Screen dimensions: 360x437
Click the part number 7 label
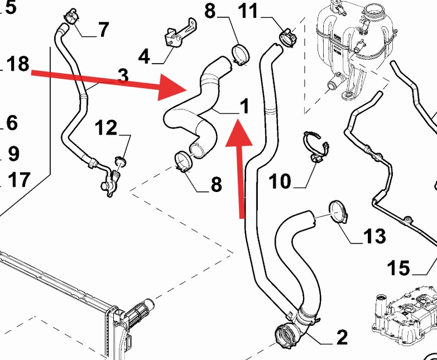pyautogui.click(x=103, y=30)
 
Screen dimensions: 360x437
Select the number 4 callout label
pyautogui.click(x=144, y=56)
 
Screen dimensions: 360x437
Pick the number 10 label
pyautogui.click(x=281, y=181)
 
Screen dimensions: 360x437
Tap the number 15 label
pyautogui.click(x=399, y=268)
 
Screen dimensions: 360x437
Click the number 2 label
pyautogui.click(x=342, y=337)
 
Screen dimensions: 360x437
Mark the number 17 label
pyautogui.click(x=19, y=180)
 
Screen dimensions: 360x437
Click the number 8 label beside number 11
pyautogui.click(x=210, y=11)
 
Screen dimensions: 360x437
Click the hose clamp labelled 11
pyautogui.click(x=286, y=36)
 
